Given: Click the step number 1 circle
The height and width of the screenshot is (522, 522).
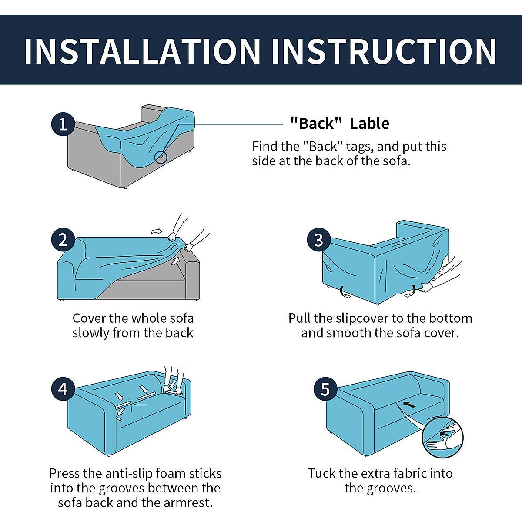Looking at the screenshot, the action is click(x=63, y=124).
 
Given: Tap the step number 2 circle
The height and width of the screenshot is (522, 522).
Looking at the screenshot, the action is click(x=63, y=240).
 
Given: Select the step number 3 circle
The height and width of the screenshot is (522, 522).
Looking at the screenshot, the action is click(x=319, y=240).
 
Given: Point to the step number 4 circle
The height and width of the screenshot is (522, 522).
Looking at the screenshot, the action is click(x=63, y=389).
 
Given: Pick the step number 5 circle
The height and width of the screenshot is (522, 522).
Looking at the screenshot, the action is click(x=325, y=389).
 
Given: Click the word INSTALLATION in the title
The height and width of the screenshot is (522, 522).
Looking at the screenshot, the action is click(x=143, y=51).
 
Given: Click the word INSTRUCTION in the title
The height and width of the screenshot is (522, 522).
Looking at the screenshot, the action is click(x=385, y=51).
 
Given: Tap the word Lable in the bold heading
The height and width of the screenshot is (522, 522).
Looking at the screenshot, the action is click(x=369, y=124).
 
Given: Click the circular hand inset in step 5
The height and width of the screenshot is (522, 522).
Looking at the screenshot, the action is click(x=443, y=438).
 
